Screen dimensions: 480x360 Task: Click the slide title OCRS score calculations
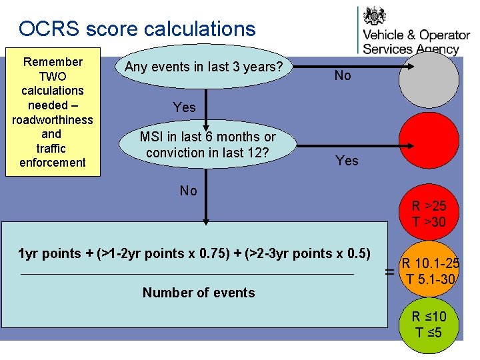coord(137,29)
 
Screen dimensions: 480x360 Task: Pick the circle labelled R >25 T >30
coord(429,213)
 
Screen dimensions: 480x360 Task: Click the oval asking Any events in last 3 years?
coord(204,67)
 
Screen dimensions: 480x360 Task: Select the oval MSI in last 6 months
coord(207,145)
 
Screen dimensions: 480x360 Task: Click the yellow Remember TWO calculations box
coord(53,112)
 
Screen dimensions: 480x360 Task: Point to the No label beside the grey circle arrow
coord(343,75)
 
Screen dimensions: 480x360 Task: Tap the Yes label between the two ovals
coord(184,107)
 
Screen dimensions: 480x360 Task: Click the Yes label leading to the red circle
coord(347,161)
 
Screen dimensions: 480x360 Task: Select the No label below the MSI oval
coord(189,191)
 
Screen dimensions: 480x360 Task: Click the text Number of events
coord(199,293)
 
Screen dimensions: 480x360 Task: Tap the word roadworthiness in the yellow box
coord(53,119)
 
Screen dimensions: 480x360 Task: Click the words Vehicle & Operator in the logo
coord(416,35)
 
